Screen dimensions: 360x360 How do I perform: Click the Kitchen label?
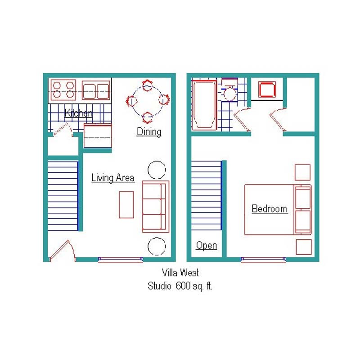(78, 113)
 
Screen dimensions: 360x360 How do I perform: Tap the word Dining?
(149, 132)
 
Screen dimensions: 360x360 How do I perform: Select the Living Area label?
(113, 178)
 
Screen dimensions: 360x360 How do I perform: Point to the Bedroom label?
(270, 209)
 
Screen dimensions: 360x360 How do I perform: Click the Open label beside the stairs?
(207, 245)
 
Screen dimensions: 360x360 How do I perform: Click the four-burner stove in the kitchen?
(63, 90)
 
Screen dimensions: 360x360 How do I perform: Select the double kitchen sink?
(96, 90)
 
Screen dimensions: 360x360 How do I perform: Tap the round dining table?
(147, 101)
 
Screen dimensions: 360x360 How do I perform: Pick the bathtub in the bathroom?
(204, 105)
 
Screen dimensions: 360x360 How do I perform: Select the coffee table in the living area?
(126, 205)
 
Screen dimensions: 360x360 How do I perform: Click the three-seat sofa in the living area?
(156, 207)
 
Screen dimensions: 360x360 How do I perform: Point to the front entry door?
(62, 251)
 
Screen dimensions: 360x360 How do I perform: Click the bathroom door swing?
(242, 119)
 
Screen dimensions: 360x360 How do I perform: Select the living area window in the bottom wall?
(121, 260)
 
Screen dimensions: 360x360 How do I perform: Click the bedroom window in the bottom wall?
(263, 260)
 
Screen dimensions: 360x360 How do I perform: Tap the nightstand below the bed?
(304, 247)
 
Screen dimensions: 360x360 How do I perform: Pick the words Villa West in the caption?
(180, 273)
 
